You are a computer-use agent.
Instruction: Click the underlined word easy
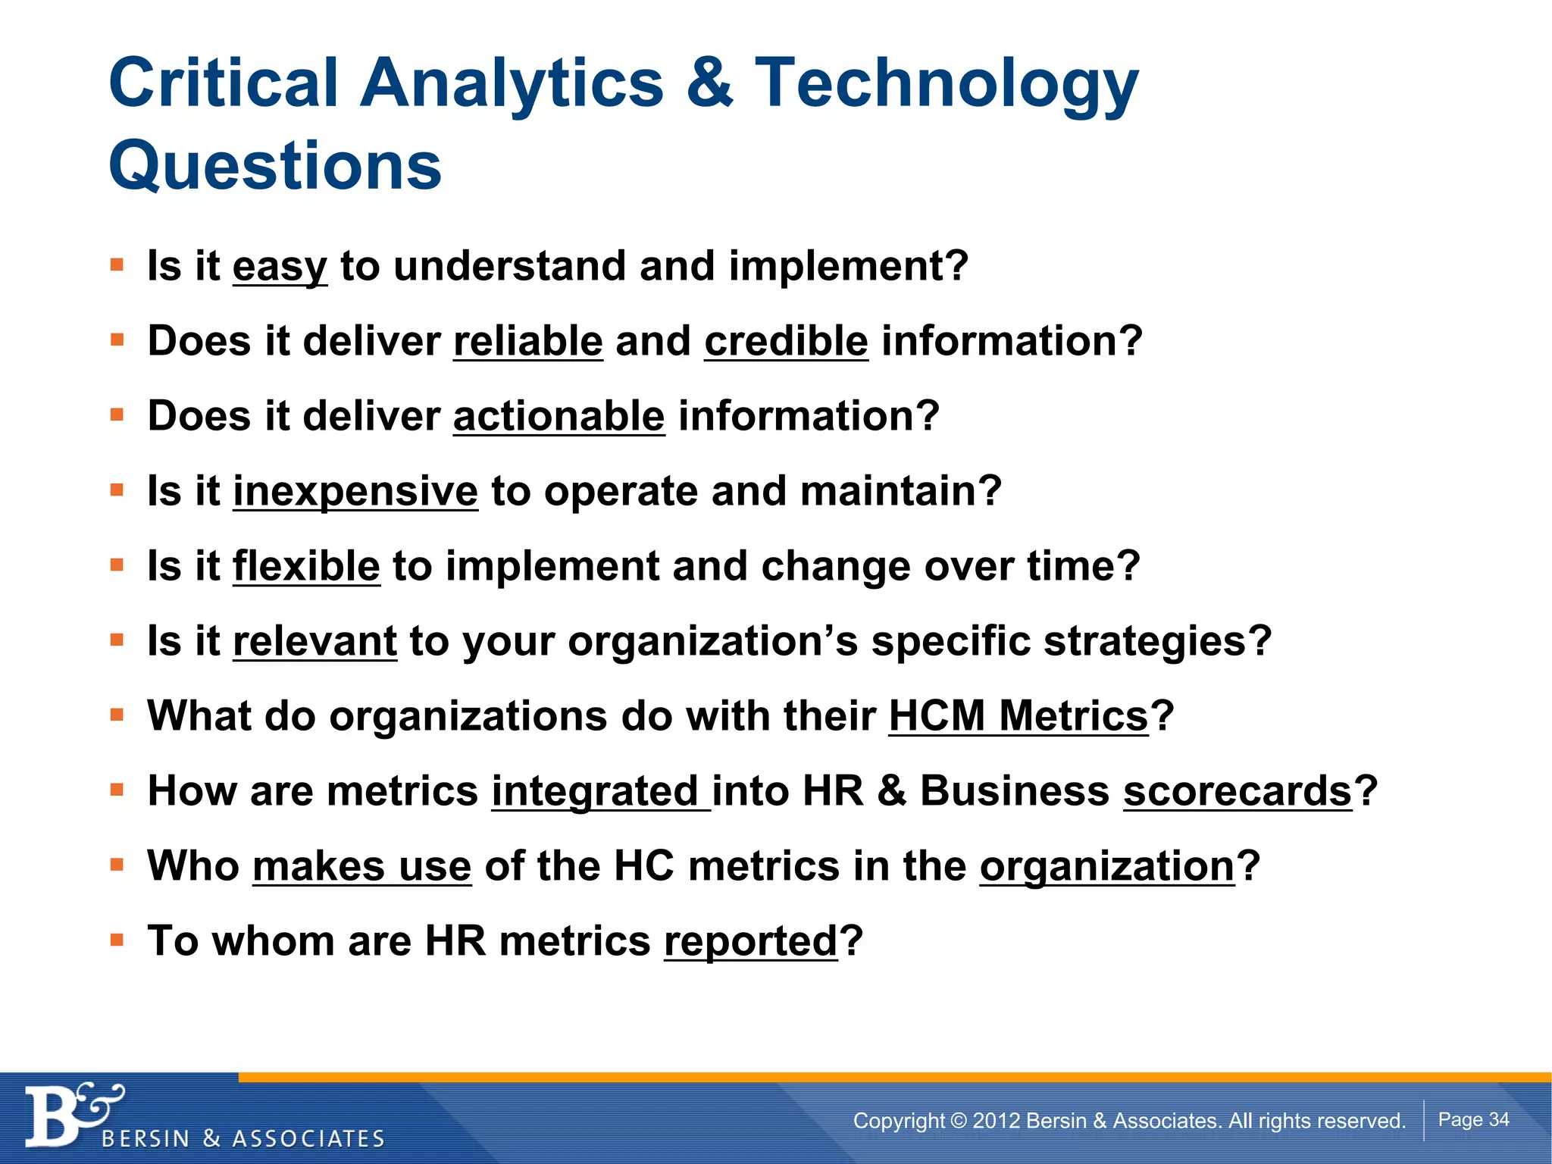tap(280, 267)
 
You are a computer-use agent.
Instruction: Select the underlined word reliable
tap(527, 341)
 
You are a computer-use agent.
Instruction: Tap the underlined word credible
tap(786, 341)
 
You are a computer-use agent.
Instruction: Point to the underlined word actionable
tap(559, 416)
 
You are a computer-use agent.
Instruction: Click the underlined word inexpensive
tap(355, 491)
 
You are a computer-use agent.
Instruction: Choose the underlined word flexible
tap(305, 566)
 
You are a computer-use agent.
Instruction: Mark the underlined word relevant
tap(314, 641)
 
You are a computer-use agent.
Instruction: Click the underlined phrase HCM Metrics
tap(1018, 716)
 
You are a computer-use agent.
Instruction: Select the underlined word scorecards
tap(1238, 791)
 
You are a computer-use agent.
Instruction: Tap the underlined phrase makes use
tap(361, 866)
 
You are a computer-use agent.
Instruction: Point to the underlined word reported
tap(750, 941)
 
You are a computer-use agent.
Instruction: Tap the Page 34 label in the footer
tap(1473, 1119)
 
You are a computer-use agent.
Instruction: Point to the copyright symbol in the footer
tap(959, 1120)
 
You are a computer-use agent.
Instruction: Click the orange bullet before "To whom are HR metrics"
tap(117, 940)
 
